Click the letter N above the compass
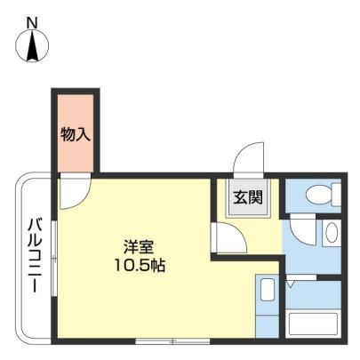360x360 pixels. pos(32,23)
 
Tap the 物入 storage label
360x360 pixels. pos(76,135)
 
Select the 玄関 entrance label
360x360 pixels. pos(248,197)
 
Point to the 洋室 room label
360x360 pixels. pos(139,247)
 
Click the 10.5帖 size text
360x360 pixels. pos(140,266)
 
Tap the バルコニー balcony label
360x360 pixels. pos(36,256)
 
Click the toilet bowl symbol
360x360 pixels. pos(318,196)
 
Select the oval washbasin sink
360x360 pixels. pos(332,232)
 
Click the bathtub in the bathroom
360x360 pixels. pos(313,324)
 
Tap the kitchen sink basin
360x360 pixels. pos(268,290)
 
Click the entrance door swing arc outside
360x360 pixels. pos(248,157)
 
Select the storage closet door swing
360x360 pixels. pos(75,191)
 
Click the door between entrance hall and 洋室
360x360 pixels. pos(229,237)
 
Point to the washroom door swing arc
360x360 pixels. pos(303,230)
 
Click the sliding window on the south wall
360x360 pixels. pos(172,341)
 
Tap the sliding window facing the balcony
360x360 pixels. pos(54,258)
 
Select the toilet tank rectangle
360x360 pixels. pos(336,195)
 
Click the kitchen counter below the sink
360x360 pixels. pos(268,325)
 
